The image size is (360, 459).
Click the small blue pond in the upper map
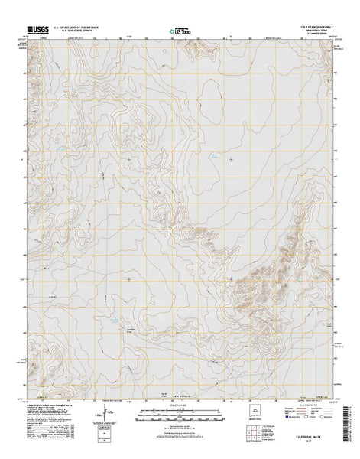click(216, 158)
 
